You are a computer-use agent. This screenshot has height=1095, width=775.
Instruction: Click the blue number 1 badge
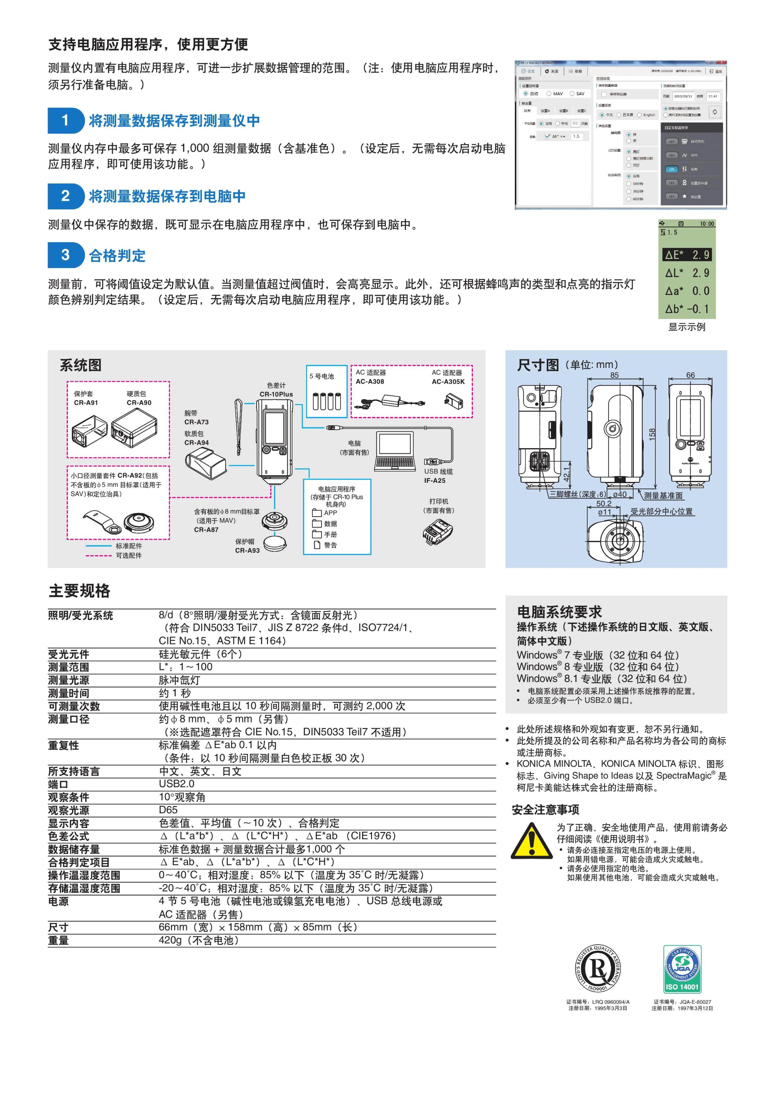point(65,120)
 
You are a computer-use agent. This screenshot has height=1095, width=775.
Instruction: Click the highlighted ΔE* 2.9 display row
point(687,255)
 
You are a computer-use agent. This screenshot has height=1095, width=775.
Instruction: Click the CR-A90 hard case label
point(139,403)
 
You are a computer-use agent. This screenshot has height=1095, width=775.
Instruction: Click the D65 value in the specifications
point(168,810)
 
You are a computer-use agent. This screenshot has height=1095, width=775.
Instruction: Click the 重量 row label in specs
point(58,941)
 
